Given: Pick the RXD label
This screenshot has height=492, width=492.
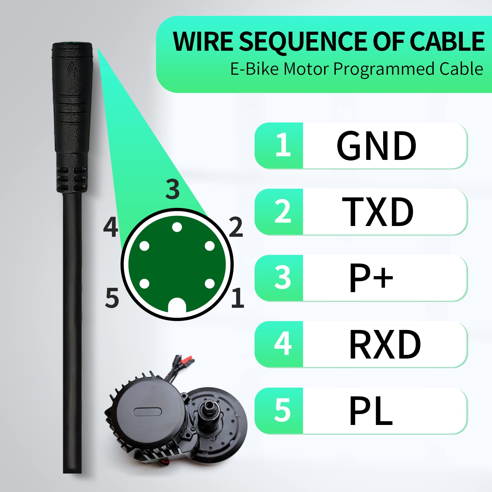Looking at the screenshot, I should click(x=385, y=344).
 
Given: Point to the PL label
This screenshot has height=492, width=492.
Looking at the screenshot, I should click(x=371, y=411).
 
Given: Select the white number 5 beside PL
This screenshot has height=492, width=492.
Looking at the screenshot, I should click(x=282, y=410).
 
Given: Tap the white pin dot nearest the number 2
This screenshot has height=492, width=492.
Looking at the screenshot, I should click(x=210, y=246).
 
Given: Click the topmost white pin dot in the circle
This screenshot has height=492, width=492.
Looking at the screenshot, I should click(x=177, y=227).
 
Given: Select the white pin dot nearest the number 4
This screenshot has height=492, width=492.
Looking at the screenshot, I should click(x=144, y=246).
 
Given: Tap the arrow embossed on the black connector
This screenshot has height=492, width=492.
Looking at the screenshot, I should click(x=72, y=69).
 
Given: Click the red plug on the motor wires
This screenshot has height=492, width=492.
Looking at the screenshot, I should click(x=188, y=359).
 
